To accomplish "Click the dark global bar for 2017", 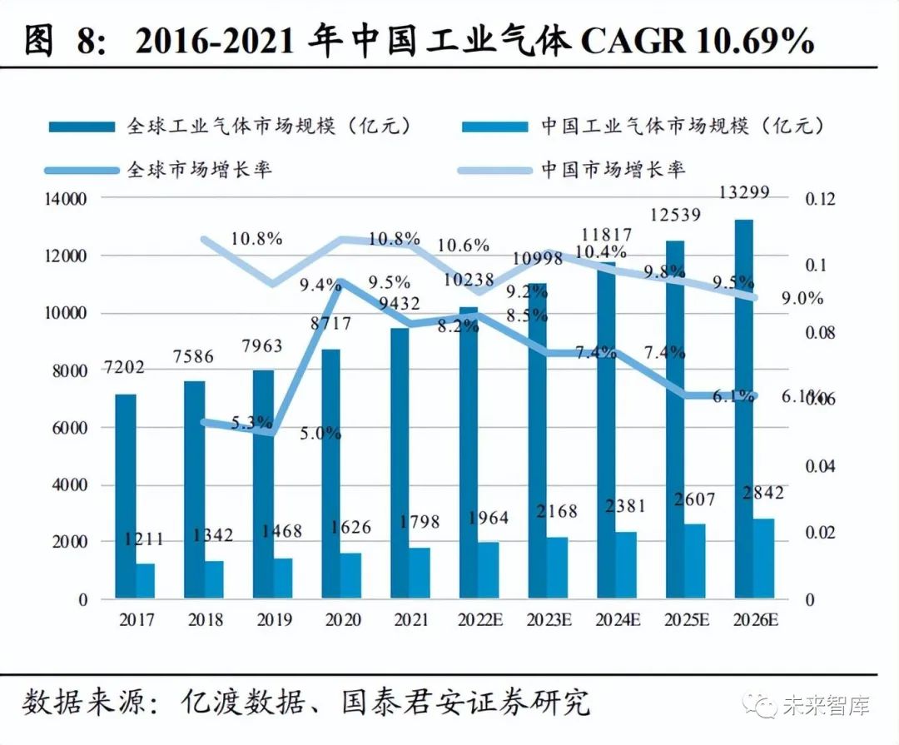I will coord(125,495).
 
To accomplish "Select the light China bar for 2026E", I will coord(763,558).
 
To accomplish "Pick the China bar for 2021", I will coord(420,573).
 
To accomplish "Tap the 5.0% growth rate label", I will coord(321,433).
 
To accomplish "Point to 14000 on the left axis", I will coord(65,199).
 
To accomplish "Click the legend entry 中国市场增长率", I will coord(613,169).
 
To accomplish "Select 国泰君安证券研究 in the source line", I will coord(466,702).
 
